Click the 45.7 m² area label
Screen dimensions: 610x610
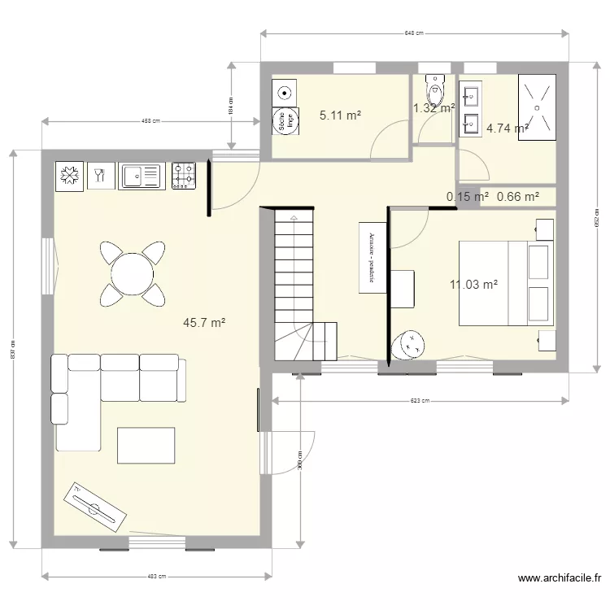click(x=204, y=323)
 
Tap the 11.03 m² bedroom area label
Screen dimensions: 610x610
click(x=473, y=284)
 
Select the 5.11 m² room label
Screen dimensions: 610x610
click(x=340, y=115)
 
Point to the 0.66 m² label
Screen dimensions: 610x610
click(x=518, y=196)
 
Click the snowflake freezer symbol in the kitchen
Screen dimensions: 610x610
click(x=71, y=176)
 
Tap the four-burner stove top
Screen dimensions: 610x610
click(x=184, y=176)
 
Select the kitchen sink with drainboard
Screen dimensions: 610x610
click(x=142, y=176)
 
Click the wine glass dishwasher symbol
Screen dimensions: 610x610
click(x=101, y=176)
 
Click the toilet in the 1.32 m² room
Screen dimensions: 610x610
click(x=435, y=89)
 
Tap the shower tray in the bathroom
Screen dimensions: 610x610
click(x=537, y=107)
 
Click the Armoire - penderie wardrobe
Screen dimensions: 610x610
click(x=372, y=256)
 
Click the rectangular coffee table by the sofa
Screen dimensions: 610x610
click(x=146, y=445)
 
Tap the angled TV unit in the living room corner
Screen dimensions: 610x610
click(x=96, y=503)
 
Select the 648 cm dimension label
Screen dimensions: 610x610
click(x=414, y=33)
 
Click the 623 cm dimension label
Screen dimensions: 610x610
click(x=420, y=400)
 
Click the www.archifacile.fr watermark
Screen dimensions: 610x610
click(x=558, y=578)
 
